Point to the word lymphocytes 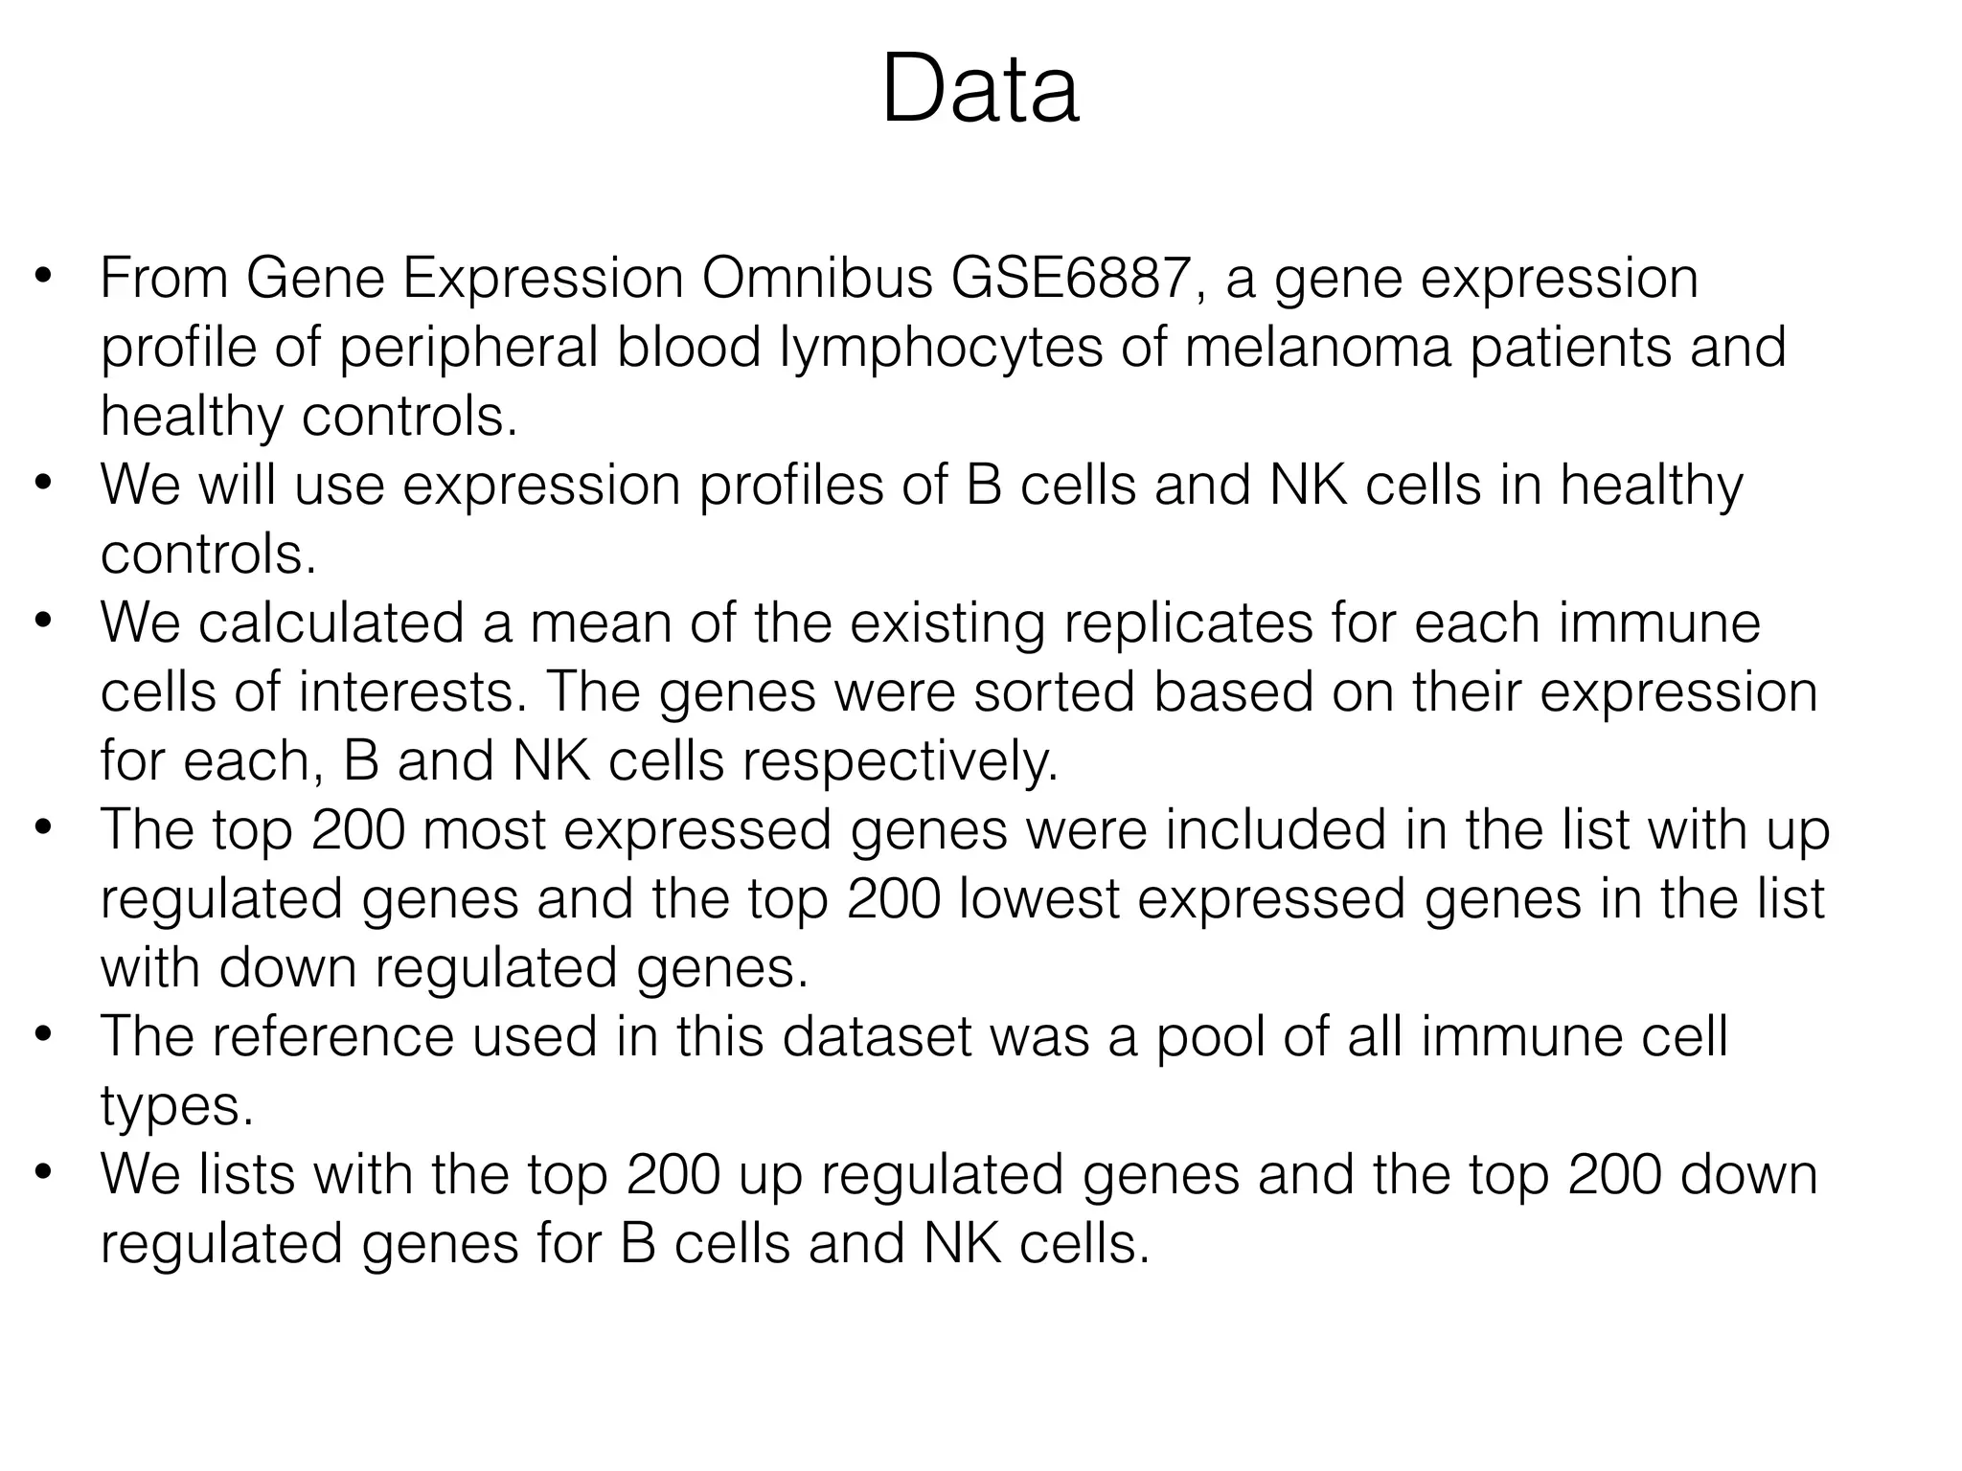click(941, 348)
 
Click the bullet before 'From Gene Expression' click(42, 279)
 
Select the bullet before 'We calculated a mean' click(42, 623)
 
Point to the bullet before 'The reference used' click(42, 1037)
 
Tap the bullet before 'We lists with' click(42, 1175)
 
